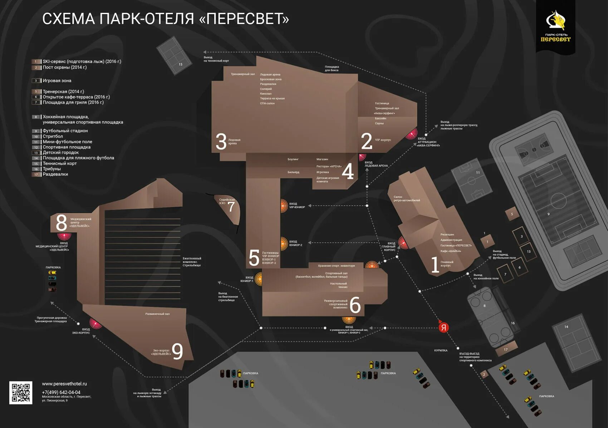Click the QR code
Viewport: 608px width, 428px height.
click(x=21, y=393)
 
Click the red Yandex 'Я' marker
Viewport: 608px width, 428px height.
click(x=443, y=327)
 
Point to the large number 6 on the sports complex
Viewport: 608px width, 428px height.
click(x=355, y=305)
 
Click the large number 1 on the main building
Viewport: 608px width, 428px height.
click(x=435, y=265)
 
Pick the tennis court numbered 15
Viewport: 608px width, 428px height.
click(x=174, y=55)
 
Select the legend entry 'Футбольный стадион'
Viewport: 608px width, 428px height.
click(x=65, y=131)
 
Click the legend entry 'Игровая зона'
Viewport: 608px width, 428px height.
click(x=57, y=81)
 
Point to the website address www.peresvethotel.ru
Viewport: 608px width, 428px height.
click(x=64, y=384)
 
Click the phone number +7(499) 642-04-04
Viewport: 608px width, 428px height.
click(x=61, y=392)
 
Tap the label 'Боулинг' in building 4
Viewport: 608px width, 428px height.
click(x=293, y=159)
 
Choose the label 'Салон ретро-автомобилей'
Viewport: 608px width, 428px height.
click(x=407, y=199)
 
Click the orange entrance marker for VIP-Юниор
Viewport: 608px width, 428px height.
click(x=284, y=206)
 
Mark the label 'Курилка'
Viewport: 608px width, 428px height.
click(x=441, y=350)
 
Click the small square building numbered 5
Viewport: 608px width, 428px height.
click(x=512, y=214)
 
